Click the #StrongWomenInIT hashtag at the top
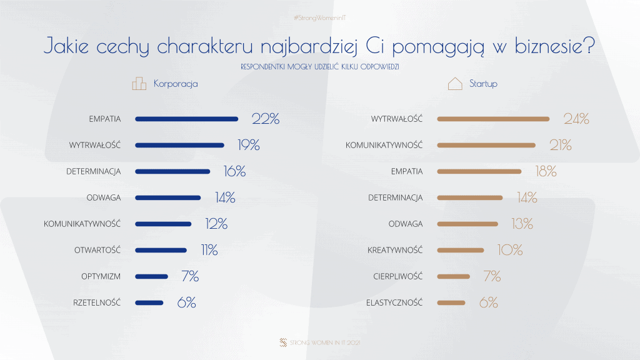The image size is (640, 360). (x=319, y=18)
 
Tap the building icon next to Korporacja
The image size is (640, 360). (x=139, y=84)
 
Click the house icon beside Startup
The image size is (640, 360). (x=455, y=84)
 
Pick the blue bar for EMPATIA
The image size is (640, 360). (x=186, y=119)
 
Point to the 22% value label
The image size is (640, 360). (x=265, y=119)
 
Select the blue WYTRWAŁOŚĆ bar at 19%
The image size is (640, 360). (x=179, y=145)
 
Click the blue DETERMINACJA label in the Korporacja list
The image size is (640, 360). (x=93, y=171)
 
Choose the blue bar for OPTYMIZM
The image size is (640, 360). (x=151, y=276)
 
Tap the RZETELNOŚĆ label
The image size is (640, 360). (x=97, y=302)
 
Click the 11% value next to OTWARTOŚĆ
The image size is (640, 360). (x=209, y=250)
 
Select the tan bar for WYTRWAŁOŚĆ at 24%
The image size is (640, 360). (x=493, y=119)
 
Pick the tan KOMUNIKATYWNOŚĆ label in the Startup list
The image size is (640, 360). (x=384, y=145)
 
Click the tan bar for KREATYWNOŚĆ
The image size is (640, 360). (x=461, y=250)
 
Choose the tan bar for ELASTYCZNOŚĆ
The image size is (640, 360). (x=451, y=302)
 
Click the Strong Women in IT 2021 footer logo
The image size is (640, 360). (x=284, y=342)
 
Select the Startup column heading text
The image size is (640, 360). (x=483, y=84)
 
